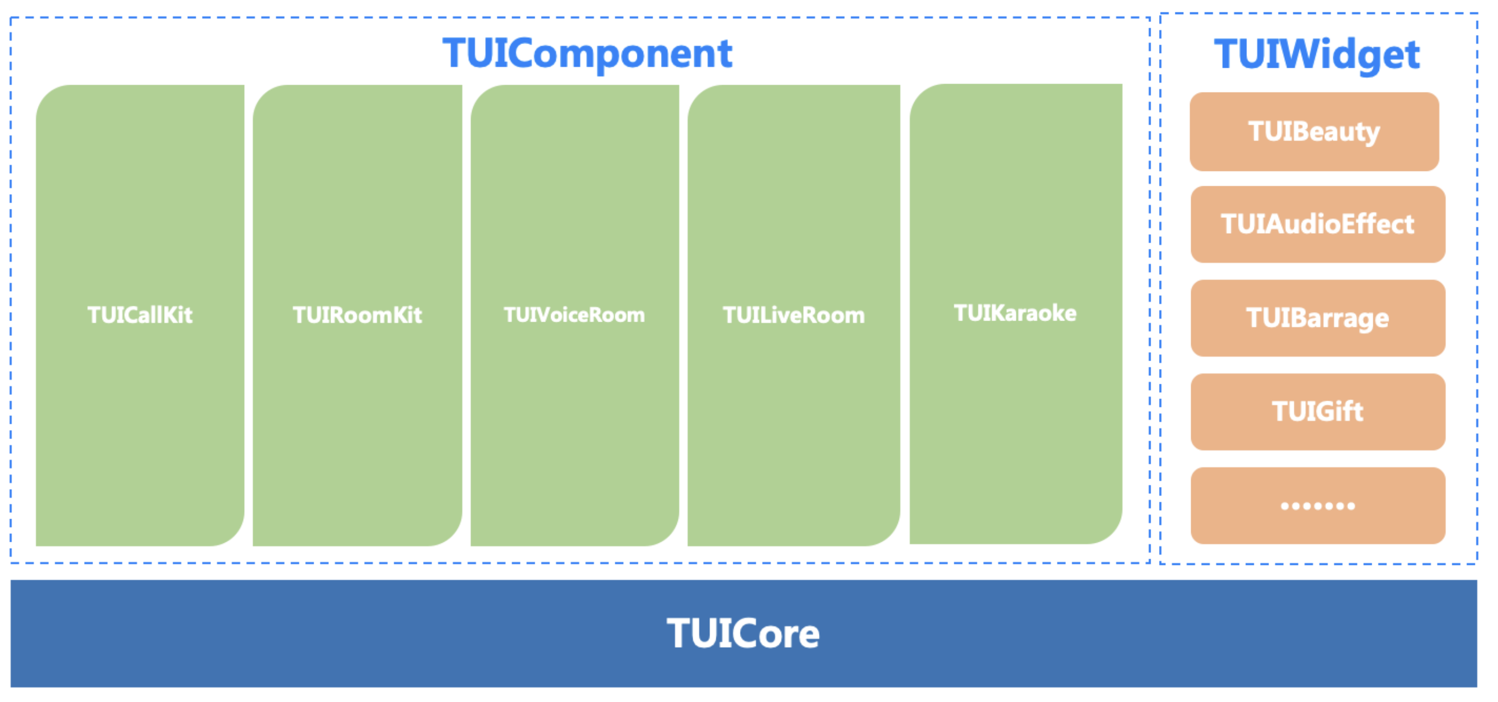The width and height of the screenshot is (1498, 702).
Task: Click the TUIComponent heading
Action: (587, 54)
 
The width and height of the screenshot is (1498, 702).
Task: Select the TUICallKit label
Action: (139, 315)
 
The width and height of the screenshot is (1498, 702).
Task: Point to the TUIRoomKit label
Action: (357, 315)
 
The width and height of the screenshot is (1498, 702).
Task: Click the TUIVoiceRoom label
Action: (575, 315)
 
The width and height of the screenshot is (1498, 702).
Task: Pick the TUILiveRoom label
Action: (794, 315)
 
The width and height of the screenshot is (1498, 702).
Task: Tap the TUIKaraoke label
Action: (1015, 313)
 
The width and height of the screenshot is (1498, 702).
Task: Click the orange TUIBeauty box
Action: (1314, 131)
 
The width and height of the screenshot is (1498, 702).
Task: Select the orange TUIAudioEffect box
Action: (1318, 225)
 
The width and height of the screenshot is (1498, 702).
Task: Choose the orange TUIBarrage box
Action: (1318, 318)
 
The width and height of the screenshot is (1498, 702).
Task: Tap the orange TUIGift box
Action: (1318, 412)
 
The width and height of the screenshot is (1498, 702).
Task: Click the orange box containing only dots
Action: (1318, 506)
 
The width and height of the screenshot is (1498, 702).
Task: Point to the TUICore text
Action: (743, 633)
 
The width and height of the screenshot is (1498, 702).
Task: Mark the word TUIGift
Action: (1318, 411)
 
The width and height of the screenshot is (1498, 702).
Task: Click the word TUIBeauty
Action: (1314, 132)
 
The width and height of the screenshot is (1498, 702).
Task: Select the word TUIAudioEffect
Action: (1318, 224)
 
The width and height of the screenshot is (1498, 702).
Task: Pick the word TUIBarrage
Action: (1318, 319)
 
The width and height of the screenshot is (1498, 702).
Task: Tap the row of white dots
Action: (1318, 506)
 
